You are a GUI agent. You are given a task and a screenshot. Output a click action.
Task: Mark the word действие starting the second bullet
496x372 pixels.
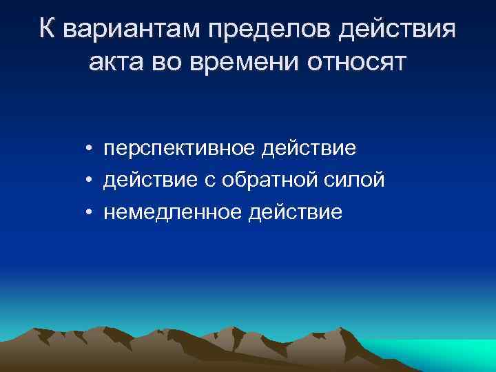(x=147, y=180)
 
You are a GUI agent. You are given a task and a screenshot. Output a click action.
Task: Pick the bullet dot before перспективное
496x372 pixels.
(x=90, y=149)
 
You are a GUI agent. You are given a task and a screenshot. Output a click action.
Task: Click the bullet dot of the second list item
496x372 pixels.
(x=90, y=181)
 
